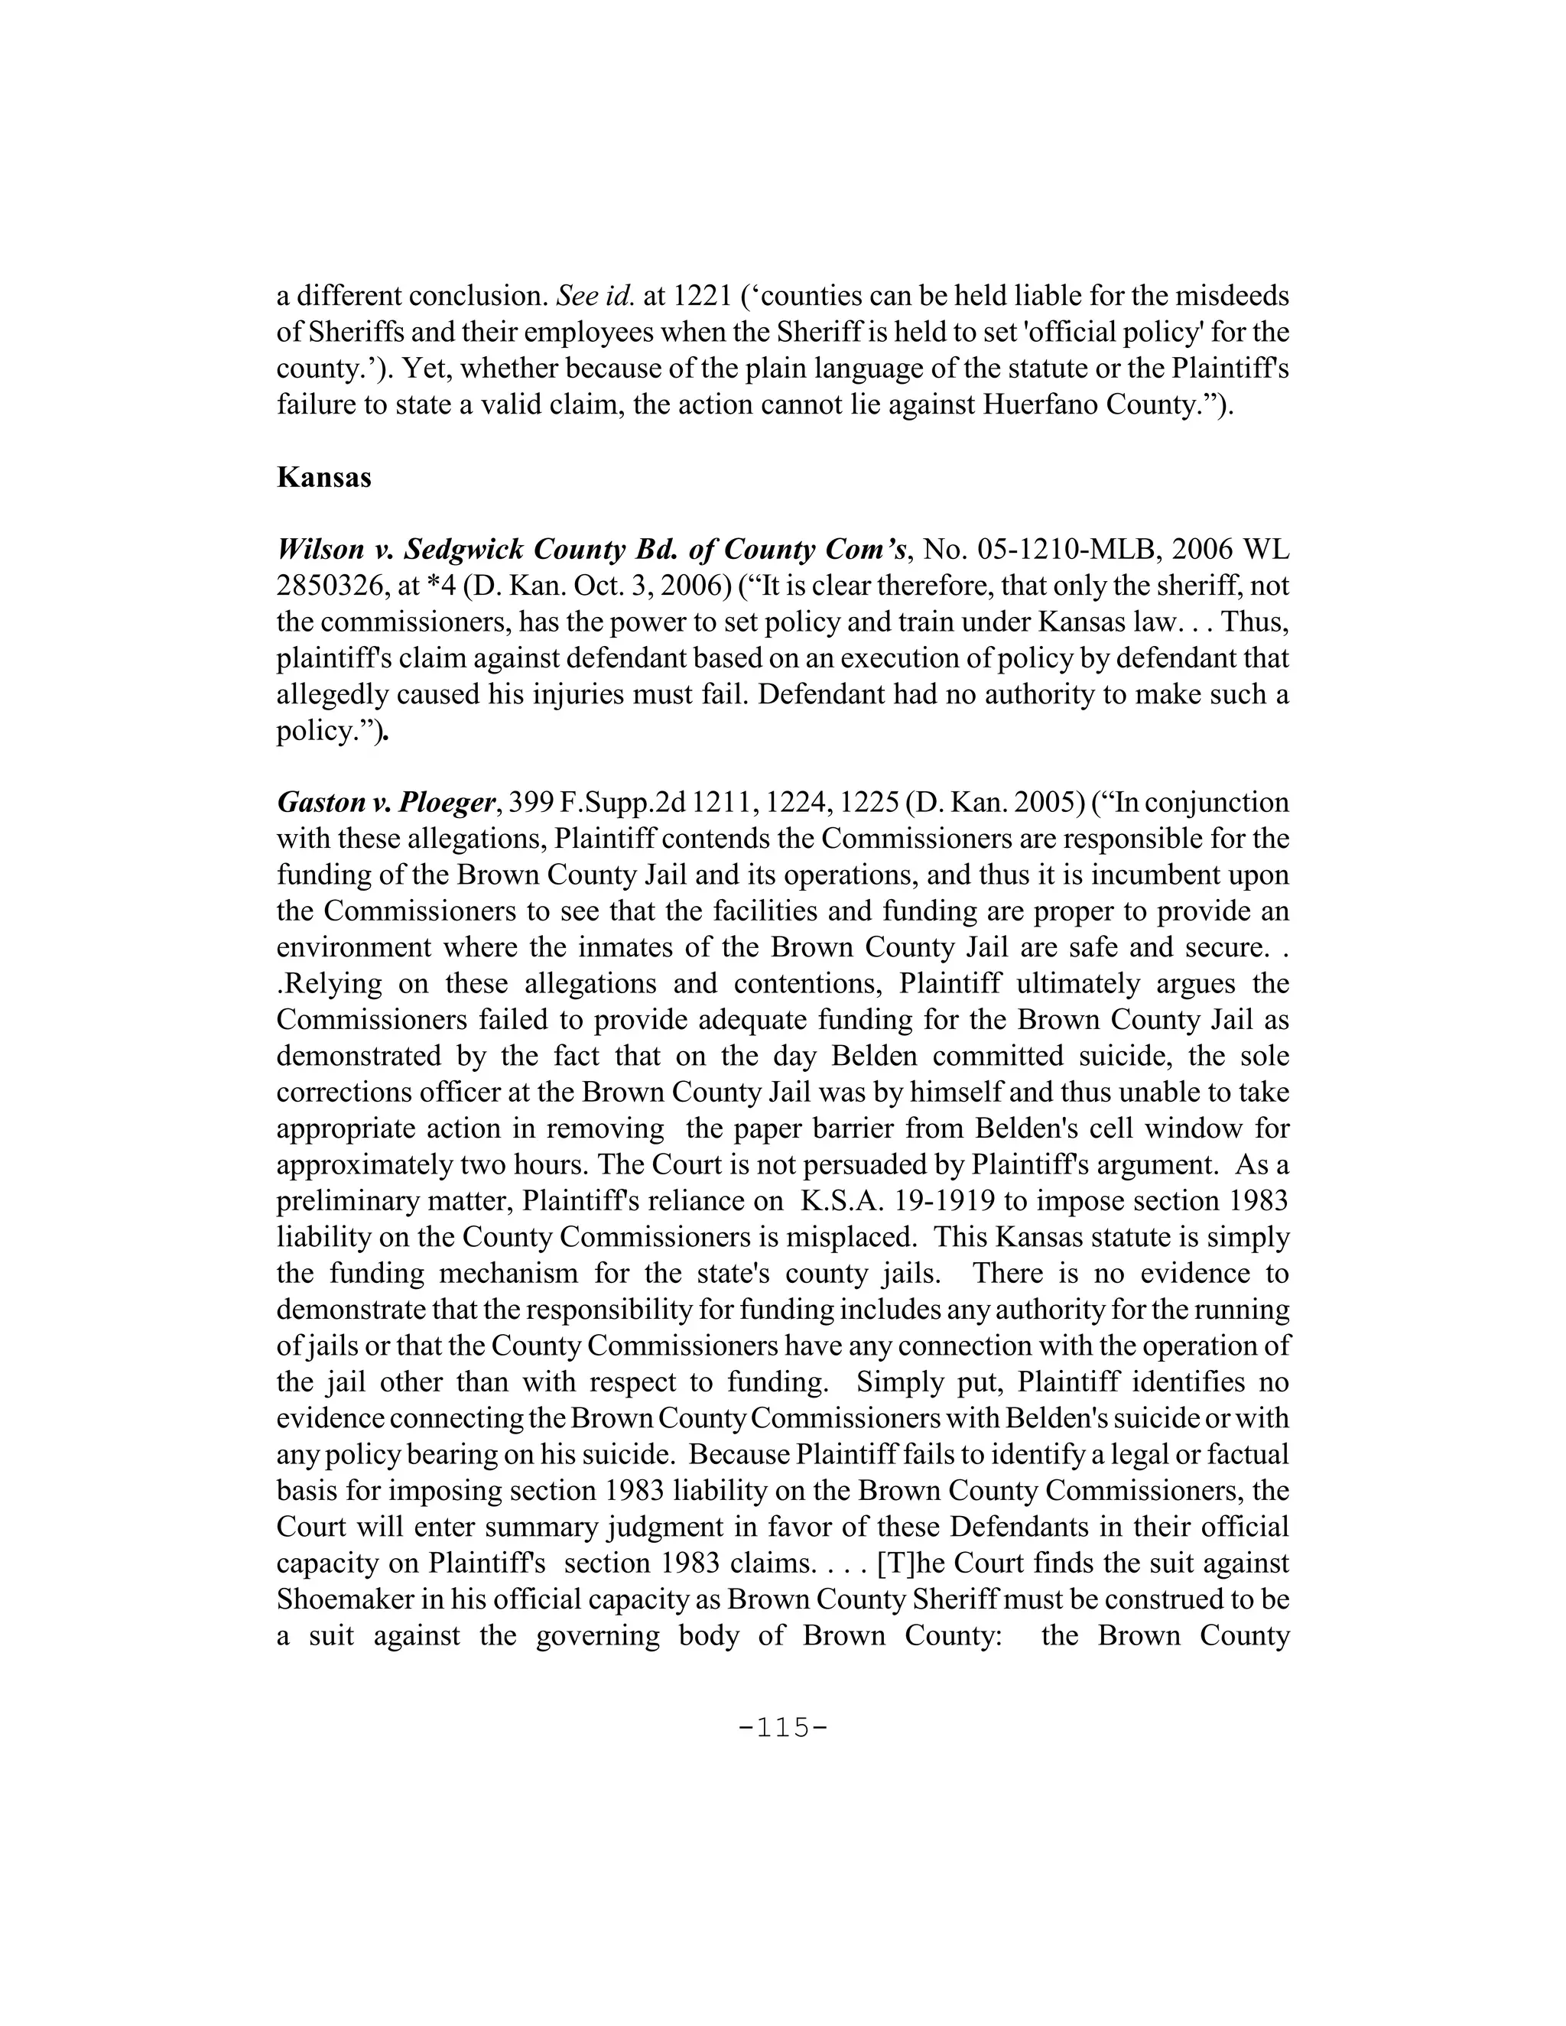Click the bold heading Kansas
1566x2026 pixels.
[x=323, y=479]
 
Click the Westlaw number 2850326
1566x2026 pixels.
[x=336, y=586]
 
